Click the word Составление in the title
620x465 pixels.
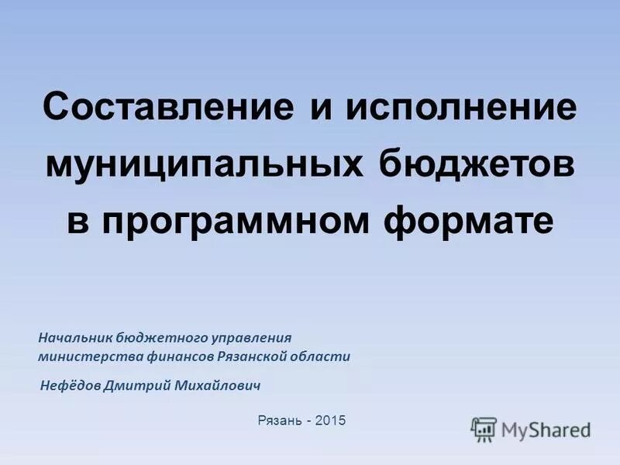(x=168, y=108)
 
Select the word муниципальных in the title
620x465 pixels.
(x=205, y=164)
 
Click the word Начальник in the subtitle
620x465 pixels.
(x=76, y=338)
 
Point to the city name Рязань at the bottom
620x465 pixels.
(x=277, y=420)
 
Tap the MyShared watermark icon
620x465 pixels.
(x=484, y=428)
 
